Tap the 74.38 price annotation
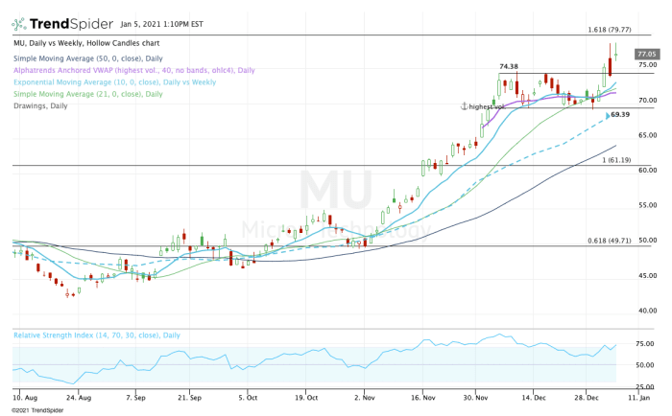point(510,66)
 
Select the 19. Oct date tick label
point(305,395)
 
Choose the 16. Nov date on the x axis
point(423,395)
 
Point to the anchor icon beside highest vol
point(463,105)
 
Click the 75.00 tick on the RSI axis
point(645,343)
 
